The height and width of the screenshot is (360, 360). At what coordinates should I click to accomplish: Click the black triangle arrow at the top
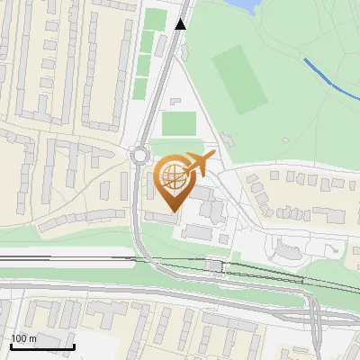[181, 23]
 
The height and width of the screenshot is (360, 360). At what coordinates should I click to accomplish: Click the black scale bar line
[41, 346]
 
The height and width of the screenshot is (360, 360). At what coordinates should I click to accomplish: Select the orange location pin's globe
[174, 176]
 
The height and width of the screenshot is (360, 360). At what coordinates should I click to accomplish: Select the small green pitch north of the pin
[180, 122]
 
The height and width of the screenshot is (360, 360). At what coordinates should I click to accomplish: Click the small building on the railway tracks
[213, 265]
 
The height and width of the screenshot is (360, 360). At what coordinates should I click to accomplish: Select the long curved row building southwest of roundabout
[76, 219]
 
